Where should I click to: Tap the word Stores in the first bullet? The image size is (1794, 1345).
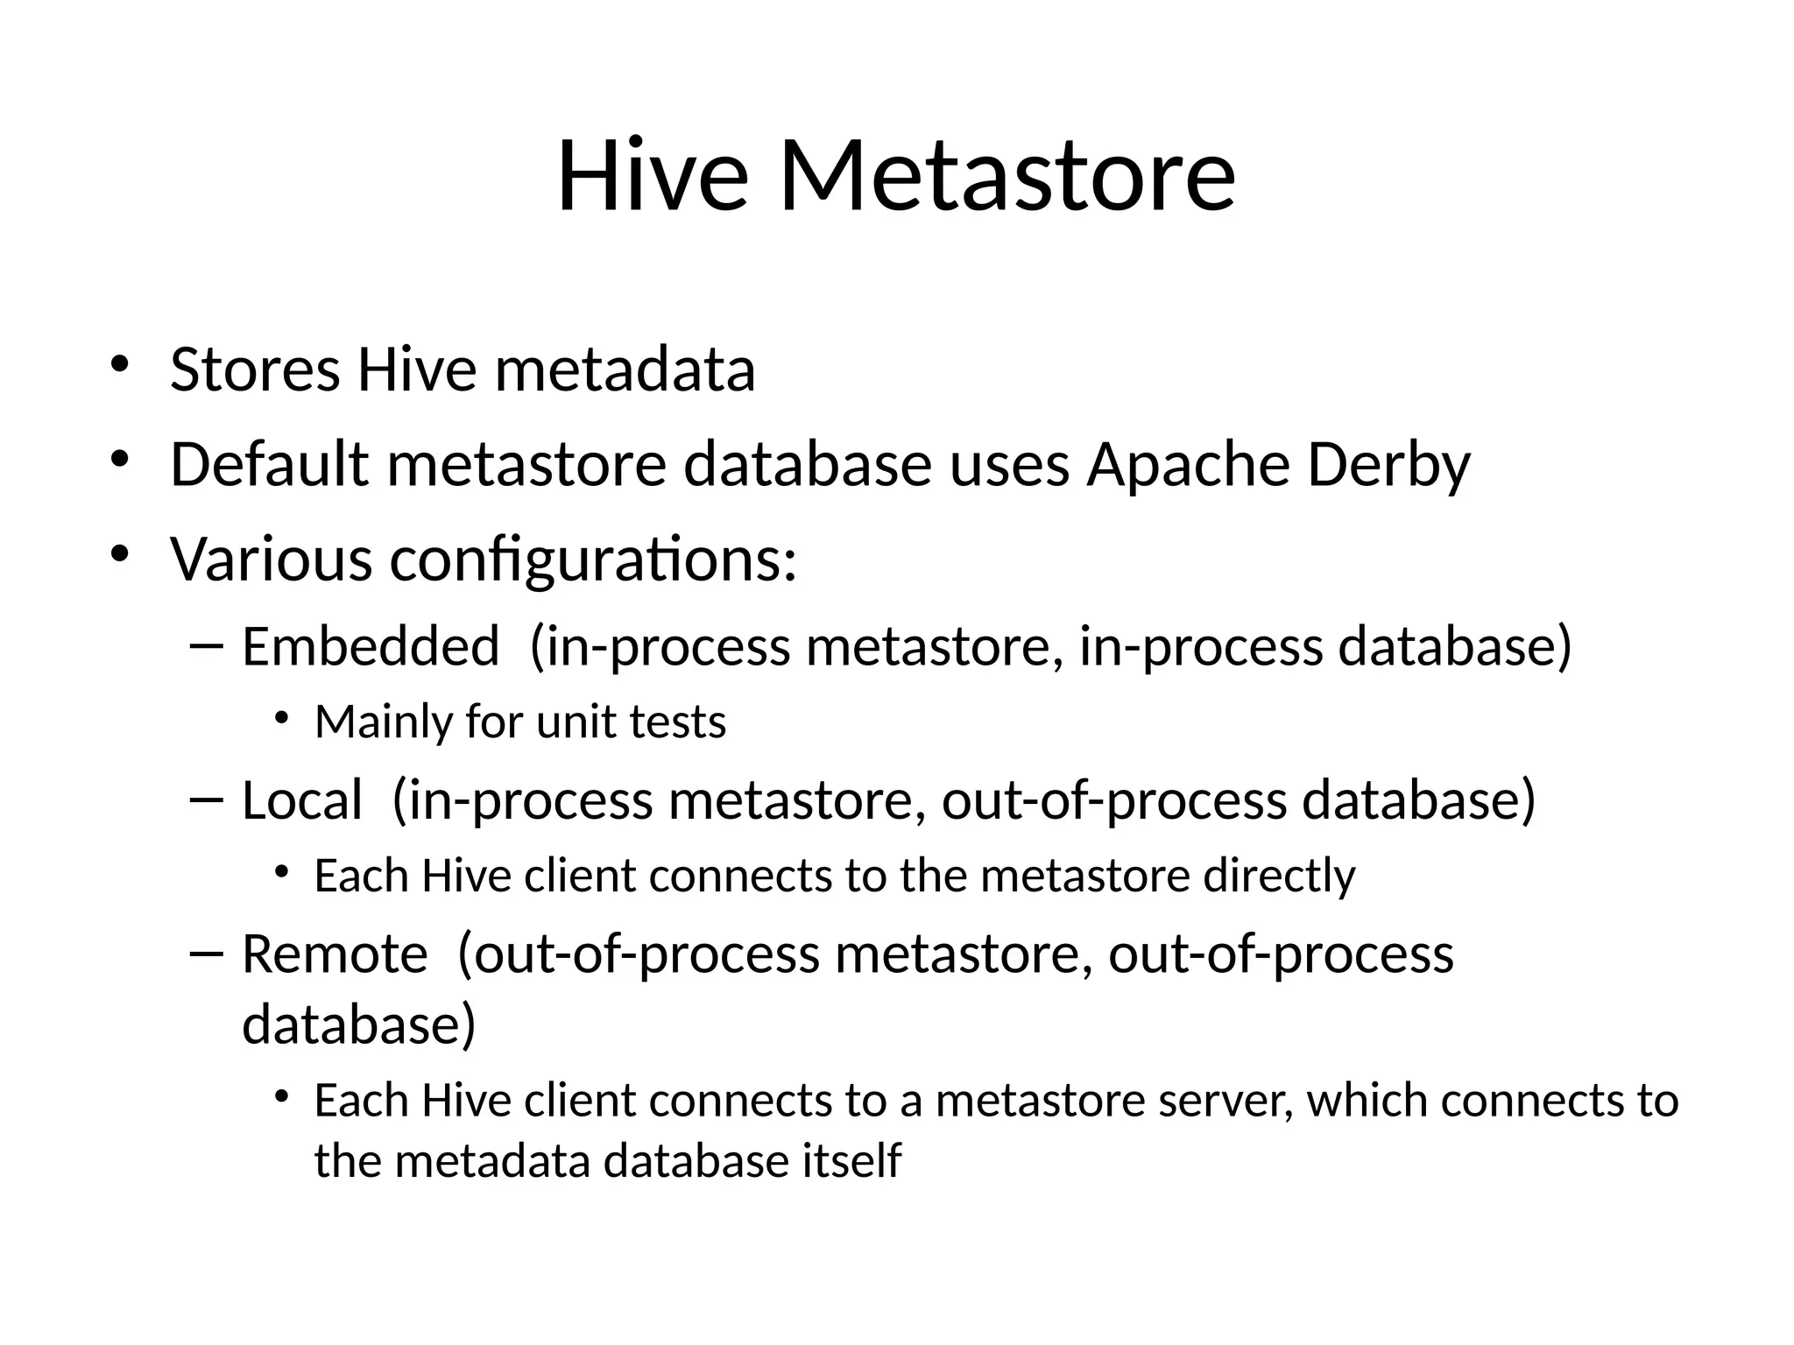click(255, 370)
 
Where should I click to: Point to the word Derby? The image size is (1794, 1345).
click(1388, 466)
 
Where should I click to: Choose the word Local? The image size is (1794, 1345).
click(301, 800)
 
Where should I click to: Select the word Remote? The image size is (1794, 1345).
click(335, 954)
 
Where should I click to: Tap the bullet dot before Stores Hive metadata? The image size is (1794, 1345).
click(120, 363)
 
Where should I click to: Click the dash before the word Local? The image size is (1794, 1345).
click(207, 799)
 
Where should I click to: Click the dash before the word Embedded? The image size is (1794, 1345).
click(207, 645)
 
